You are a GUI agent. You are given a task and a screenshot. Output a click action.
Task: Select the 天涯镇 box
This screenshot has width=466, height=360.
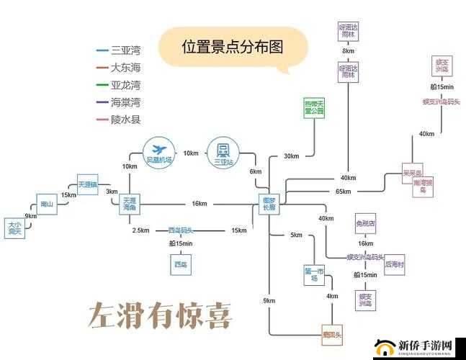pos(88,184)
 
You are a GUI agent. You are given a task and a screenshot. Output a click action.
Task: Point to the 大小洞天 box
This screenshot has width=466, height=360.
pos(14,228)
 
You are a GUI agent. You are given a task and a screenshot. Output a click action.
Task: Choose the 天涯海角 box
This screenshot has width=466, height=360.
pos(130,204)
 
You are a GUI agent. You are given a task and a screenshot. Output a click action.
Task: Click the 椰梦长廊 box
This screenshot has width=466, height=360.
pos(269,204)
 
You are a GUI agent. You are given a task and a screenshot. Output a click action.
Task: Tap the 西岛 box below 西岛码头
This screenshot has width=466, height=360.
pos(180,265)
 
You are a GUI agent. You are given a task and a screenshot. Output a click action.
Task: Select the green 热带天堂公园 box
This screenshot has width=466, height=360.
pos(314,108)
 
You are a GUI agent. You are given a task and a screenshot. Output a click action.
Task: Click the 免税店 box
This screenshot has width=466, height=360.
pos(365,224)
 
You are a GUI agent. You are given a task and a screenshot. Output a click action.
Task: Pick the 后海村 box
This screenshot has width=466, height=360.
pos(395,264)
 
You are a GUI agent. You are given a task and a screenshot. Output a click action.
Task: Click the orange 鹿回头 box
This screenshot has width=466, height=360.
pos(332,335)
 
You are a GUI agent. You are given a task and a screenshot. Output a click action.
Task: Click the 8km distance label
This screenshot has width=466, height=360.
pos(349,51)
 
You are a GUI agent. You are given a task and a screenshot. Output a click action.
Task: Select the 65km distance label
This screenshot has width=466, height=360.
pos(343,192)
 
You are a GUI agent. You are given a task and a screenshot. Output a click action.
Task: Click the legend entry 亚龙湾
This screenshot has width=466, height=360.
pos(125,85)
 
